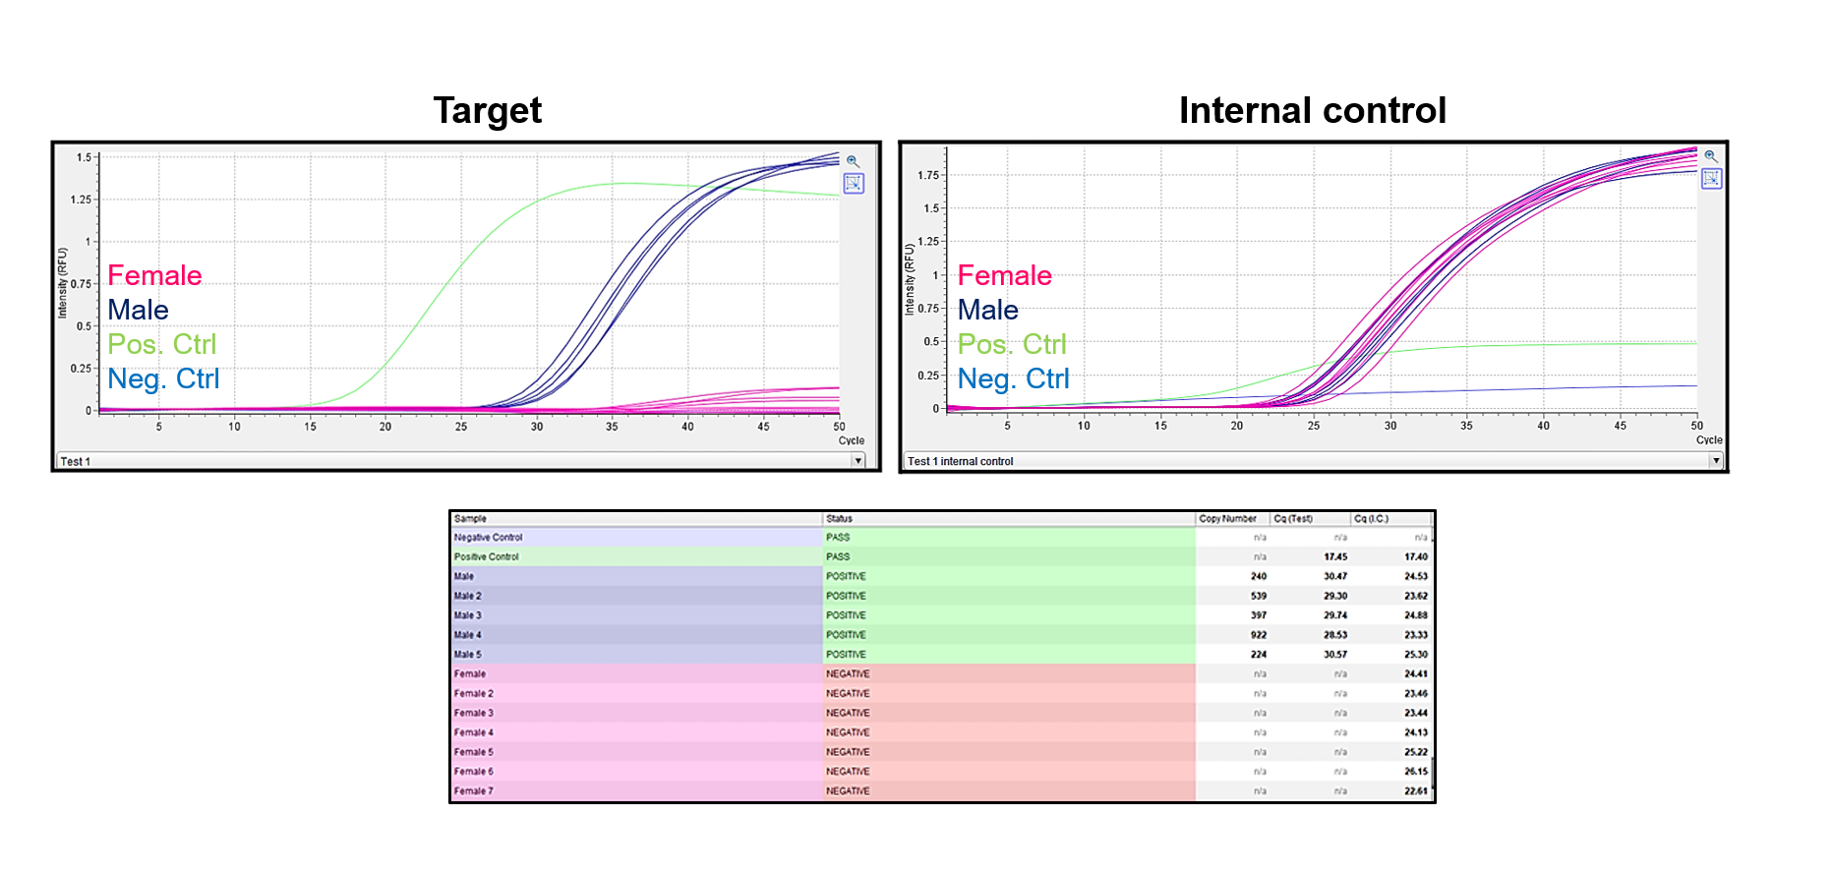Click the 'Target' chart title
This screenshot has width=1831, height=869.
487,110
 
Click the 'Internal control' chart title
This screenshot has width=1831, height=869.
1312,110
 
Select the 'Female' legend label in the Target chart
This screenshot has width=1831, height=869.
154,275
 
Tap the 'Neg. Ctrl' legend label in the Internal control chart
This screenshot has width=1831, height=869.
1013,378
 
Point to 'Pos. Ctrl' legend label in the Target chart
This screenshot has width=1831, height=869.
161,344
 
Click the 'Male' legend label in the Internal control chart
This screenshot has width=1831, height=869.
987,310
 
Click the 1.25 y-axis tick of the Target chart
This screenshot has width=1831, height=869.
81,200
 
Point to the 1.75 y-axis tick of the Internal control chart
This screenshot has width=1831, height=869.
927,176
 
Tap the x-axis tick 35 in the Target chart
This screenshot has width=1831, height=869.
612,427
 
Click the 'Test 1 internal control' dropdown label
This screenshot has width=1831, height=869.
960,461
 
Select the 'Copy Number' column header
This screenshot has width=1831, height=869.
1227,518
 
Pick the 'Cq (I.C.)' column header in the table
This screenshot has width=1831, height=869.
1371,518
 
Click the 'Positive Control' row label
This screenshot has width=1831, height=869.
486,556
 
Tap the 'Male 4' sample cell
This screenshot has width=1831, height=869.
468,635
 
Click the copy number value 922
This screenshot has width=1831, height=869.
1258,635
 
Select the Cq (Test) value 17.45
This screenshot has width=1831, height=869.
1334,556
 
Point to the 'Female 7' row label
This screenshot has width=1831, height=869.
473,791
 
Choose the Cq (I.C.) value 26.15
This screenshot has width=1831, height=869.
1415,772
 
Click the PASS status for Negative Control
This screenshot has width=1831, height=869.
838,538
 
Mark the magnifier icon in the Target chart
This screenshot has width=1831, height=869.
853,161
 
